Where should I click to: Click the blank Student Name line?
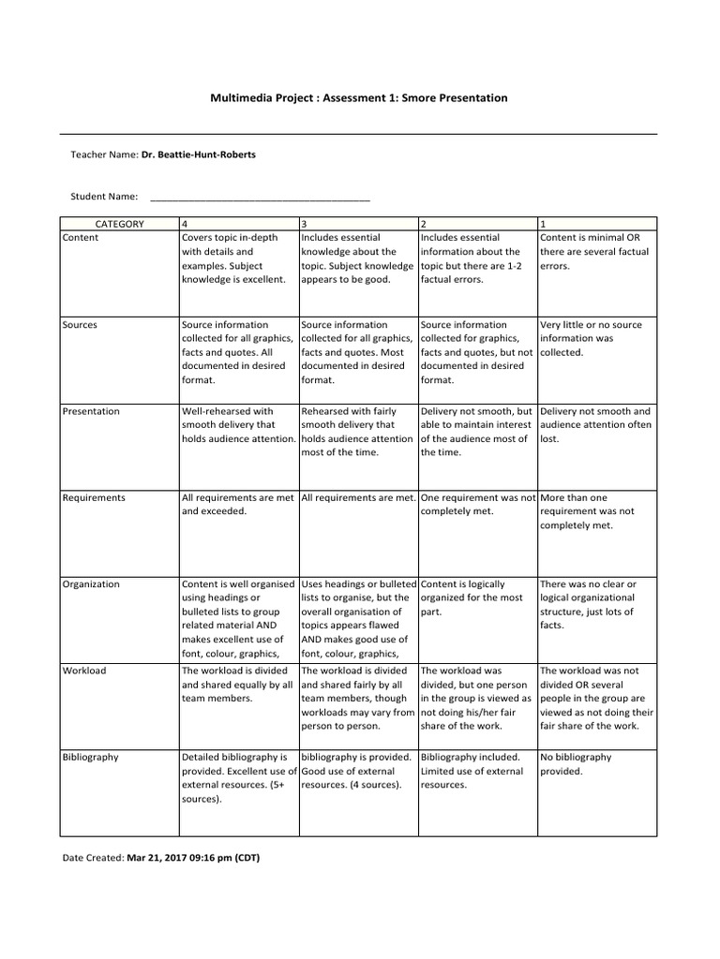click(x=260, y=197)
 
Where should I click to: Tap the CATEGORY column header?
click(x=119, y=224)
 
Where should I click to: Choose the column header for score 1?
click(x=544, y=224)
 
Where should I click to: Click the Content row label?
click(x=81, y=238)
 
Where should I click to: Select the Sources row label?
click(x=80, y=325)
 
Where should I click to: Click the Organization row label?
click(x=91, y=583)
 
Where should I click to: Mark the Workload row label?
click(x=84, y=671)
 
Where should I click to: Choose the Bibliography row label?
click(x=91, y=757)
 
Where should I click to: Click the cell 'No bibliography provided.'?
click(x=576, y=764)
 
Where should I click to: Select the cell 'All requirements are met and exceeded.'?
click(x=238, y=505)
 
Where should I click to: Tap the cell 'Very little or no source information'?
click(x=592, y=338)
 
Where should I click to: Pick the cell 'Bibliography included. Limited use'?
click(x=472, y=771)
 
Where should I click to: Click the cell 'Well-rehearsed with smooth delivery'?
click(x=238, y=424)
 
